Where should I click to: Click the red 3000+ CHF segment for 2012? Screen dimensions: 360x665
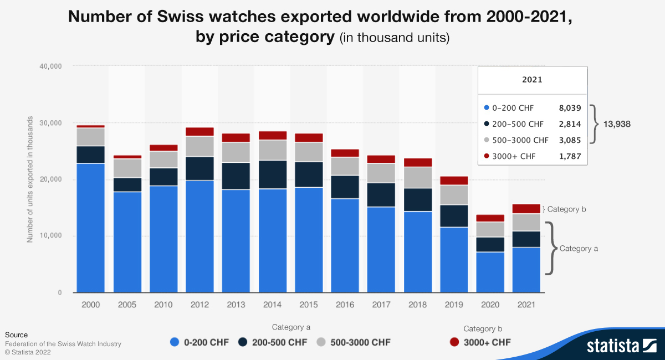[x=199, y=132]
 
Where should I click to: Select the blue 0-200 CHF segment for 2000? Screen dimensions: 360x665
[x=91, y=227]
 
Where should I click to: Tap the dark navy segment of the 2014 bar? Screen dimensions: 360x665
[x=272, y=174]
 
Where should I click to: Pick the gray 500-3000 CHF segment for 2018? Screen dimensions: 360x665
[x=417, y=177]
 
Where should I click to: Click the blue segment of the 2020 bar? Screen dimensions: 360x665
[x=490, y=272]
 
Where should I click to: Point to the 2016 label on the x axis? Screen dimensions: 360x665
[x=345, y=305]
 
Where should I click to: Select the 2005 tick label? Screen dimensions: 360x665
[x=127, y=305]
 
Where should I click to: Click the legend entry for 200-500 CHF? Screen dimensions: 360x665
[x=273, y=342]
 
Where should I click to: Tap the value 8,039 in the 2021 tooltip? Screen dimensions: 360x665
[x=570, y=108]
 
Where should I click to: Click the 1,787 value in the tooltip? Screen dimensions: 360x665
[x=570, y=156]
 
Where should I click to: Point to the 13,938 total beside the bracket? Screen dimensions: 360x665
[x=616, y=124]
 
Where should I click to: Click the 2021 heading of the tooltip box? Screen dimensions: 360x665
[x=532, y=80]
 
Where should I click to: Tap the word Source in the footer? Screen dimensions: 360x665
[x=16, y=335]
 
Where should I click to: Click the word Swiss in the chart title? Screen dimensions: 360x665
[x=183, y=17]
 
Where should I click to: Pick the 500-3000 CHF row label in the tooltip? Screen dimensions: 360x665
[x=520, y=140]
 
